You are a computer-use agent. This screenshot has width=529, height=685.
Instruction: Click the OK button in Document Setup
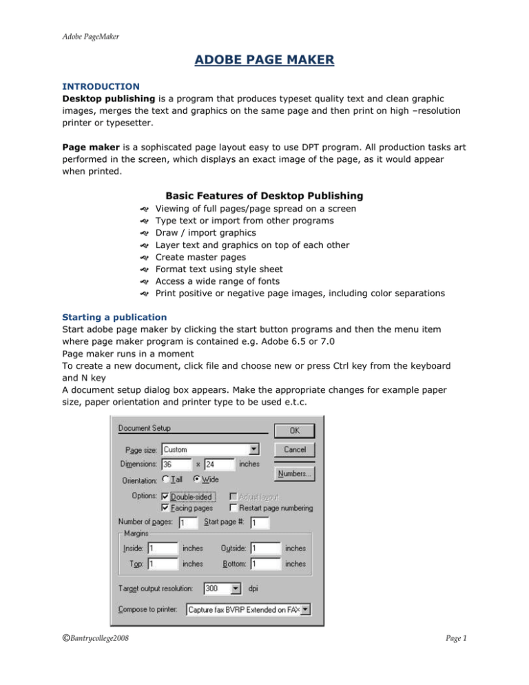pyautogui.click(x=295, y=430)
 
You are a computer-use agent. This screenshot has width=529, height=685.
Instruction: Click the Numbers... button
pyautogui.click(x=295, y=473)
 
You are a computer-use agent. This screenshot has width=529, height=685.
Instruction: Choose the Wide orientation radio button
pyautogui.click(x=196, y=480)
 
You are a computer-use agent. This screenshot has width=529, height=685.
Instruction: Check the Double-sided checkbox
pyautogui.click(x=165, y=496)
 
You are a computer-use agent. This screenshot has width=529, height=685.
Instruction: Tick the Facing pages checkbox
pyautogui.click(x=165, y=509)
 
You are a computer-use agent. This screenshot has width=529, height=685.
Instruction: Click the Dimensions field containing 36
pyautogui.click(x=176, y=464)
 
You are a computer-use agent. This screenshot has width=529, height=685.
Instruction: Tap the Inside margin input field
pyautogui.click(x=163, y=549)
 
